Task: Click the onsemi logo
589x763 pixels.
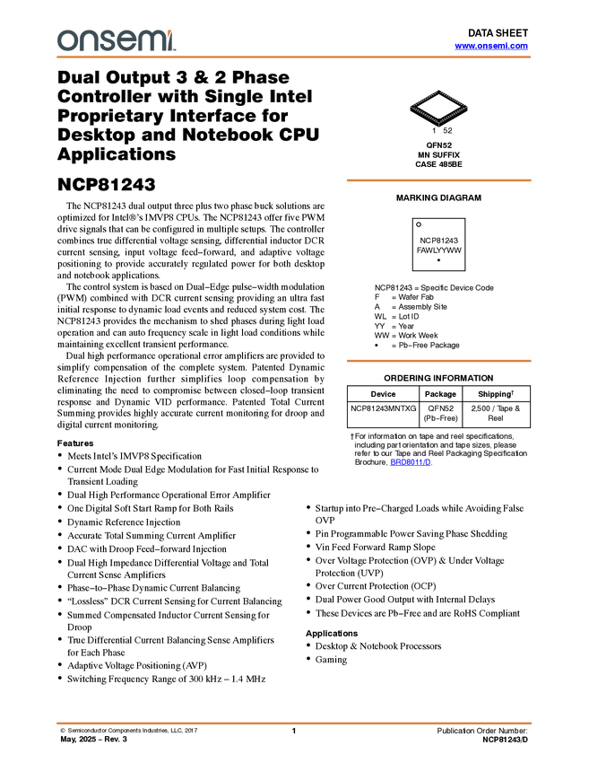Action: (116, 40)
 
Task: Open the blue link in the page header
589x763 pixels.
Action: (491, 46)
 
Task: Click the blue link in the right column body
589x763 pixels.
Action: (411, 462)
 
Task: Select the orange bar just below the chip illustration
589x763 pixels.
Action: (438, 180)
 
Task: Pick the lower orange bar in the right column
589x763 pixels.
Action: (438, 361)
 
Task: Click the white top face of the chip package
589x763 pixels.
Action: (438, 106)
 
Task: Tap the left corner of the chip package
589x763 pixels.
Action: (411, 107)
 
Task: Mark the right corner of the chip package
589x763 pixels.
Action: (467, 107)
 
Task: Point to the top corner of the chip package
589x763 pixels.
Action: (438, 91)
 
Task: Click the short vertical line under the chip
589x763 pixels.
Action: (438, 126)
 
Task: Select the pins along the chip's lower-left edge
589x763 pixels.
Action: (423, 116)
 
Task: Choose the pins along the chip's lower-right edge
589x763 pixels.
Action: (454, 116)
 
